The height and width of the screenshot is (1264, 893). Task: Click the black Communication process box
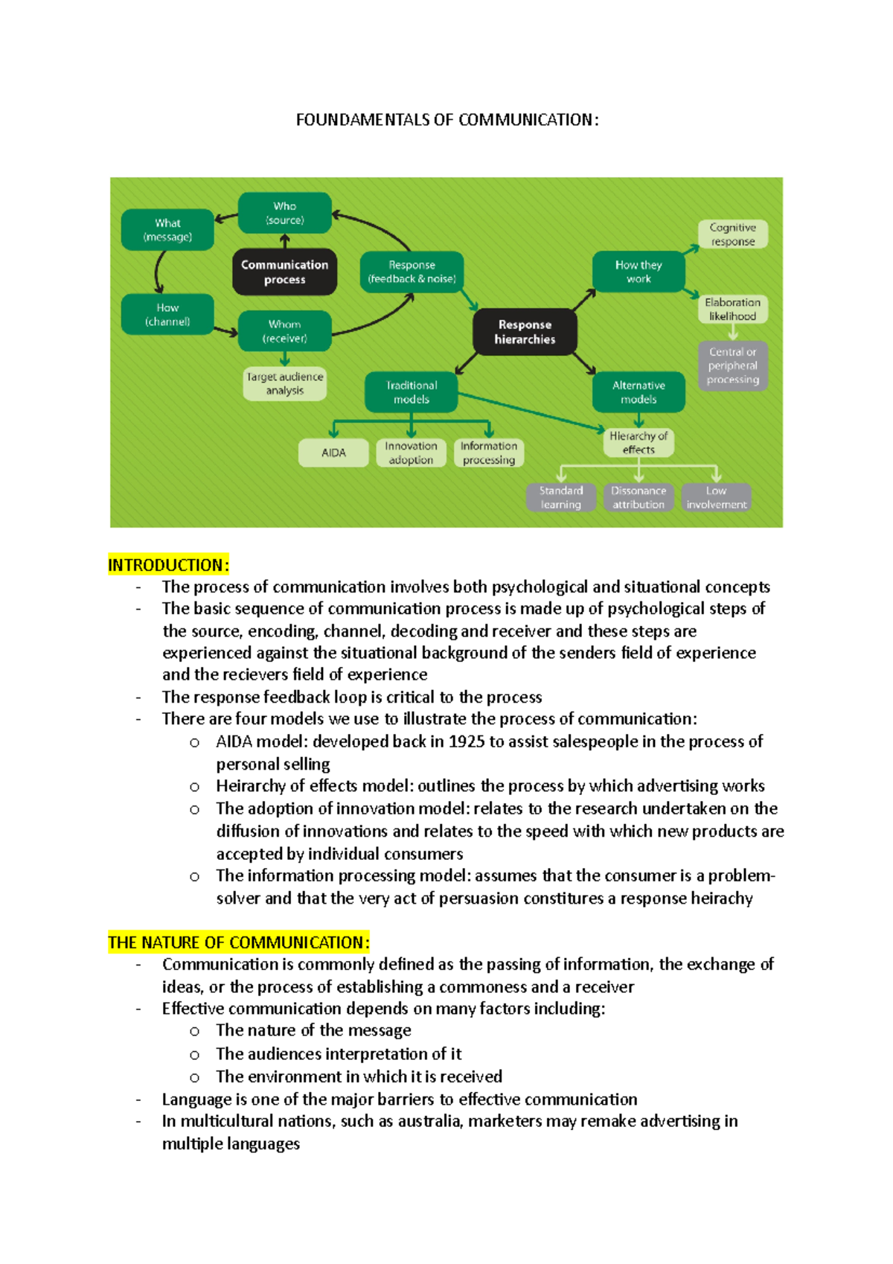(284, 272)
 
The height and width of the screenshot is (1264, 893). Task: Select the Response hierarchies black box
(525, 332)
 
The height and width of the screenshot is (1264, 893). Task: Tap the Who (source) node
(284, 213)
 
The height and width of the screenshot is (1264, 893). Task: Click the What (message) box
(167, 229)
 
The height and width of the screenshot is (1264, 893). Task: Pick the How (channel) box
(167, 314)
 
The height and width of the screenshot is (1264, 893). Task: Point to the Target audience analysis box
(284, 383)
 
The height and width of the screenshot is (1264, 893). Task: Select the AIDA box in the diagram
(333, 453)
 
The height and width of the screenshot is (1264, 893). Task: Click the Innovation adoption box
(411, 453)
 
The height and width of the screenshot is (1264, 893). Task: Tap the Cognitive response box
(732, 234)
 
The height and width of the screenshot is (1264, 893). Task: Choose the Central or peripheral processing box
(732, 366)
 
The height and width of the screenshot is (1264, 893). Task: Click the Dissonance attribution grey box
(638, 497)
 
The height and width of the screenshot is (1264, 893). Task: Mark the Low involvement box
(716, 497)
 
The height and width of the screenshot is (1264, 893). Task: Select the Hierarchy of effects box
(638, 443)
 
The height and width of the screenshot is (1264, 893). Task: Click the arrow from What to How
(158, 272)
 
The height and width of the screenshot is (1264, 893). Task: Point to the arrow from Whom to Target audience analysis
(284, 359)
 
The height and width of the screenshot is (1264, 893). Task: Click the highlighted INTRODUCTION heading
(168, 565)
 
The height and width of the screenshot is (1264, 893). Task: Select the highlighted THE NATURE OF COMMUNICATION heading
(238, 942)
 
